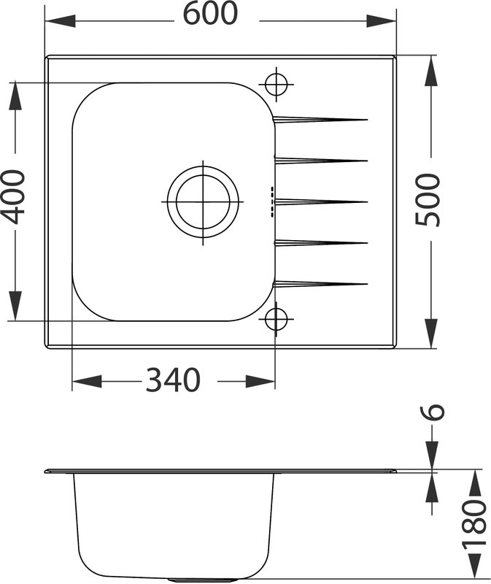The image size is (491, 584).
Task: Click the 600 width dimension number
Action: coord(210,13)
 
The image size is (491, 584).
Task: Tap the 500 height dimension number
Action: coord(428,199)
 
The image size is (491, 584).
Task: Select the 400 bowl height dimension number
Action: coord(12,197)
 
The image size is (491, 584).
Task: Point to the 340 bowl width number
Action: coord(173,380)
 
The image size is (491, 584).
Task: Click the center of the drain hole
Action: coord(203,202)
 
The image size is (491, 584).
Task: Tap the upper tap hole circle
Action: coord(277,84)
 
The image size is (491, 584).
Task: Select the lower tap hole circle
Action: coord(277,319)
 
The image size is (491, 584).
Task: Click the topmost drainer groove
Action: coord(320,119)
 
